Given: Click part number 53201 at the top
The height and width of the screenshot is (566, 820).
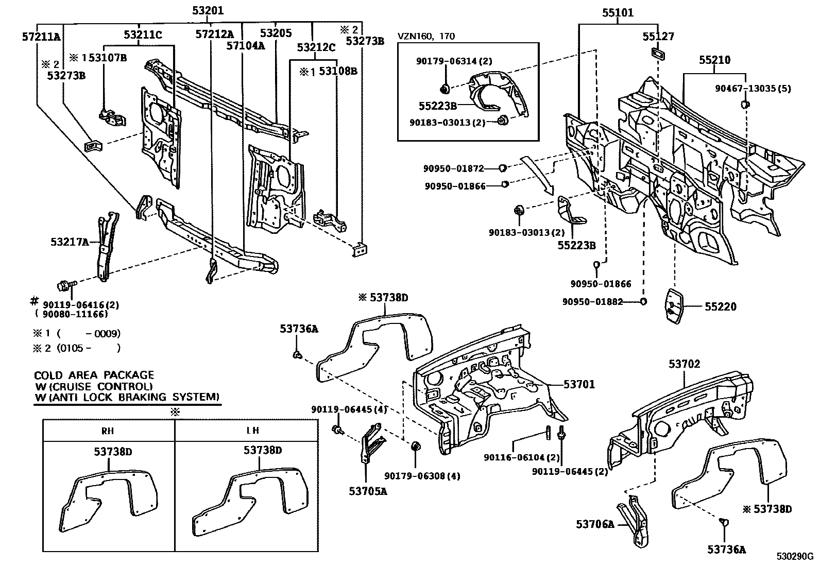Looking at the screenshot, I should coord(208,11).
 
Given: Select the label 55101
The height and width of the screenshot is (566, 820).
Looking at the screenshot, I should coord(618,13).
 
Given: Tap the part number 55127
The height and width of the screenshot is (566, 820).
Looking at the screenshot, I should coord(658,37).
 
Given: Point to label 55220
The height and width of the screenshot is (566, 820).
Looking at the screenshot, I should coord(721,307).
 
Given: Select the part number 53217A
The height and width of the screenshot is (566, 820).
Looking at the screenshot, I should coord(70,241).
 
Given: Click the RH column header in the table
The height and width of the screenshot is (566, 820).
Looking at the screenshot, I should coord(108,431).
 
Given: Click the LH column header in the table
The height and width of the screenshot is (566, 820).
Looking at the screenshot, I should coord(252,431).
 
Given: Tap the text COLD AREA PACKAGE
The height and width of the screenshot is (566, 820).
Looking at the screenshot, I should coord(94,375).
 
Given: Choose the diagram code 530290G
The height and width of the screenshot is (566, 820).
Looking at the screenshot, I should coord(795,557).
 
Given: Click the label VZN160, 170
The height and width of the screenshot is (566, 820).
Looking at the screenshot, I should coord(426,36).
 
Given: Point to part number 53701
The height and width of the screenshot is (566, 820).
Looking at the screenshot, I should coord(579,384).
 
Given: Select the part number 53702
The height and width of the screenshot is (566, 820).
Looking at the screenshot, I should coord(685,364).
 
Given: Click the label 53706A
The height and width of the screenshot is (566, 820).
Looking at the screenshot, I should coord(595,524).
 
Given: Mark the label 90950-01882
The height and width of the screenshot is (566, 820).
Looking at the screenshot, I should coord(592,302).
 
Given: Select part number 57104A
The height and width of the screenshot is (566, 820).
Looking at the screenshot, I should coord(246,46).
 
